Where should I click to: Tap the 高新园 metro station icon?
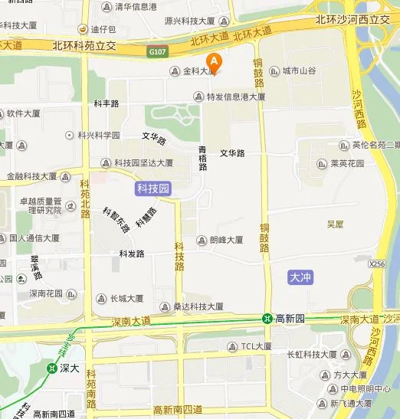click(x=267, y=318)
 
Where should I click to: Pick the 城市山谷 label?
click(x=297, y=71)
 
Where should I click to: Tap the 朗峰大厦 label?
click(x=225, y=240)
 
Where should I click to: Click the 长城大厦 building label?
click(x=126, y=299)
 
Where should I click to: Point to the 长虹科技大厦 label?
click(x=312, y=355)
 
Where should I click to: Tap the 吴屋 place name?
click(x=335, y=224)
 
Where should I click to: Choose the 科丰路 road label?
click(x=107, y=103)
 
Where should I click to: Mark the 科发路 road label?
click(x=132, y=254)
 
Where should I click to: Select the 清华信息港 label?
click(x=136, y=7)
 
